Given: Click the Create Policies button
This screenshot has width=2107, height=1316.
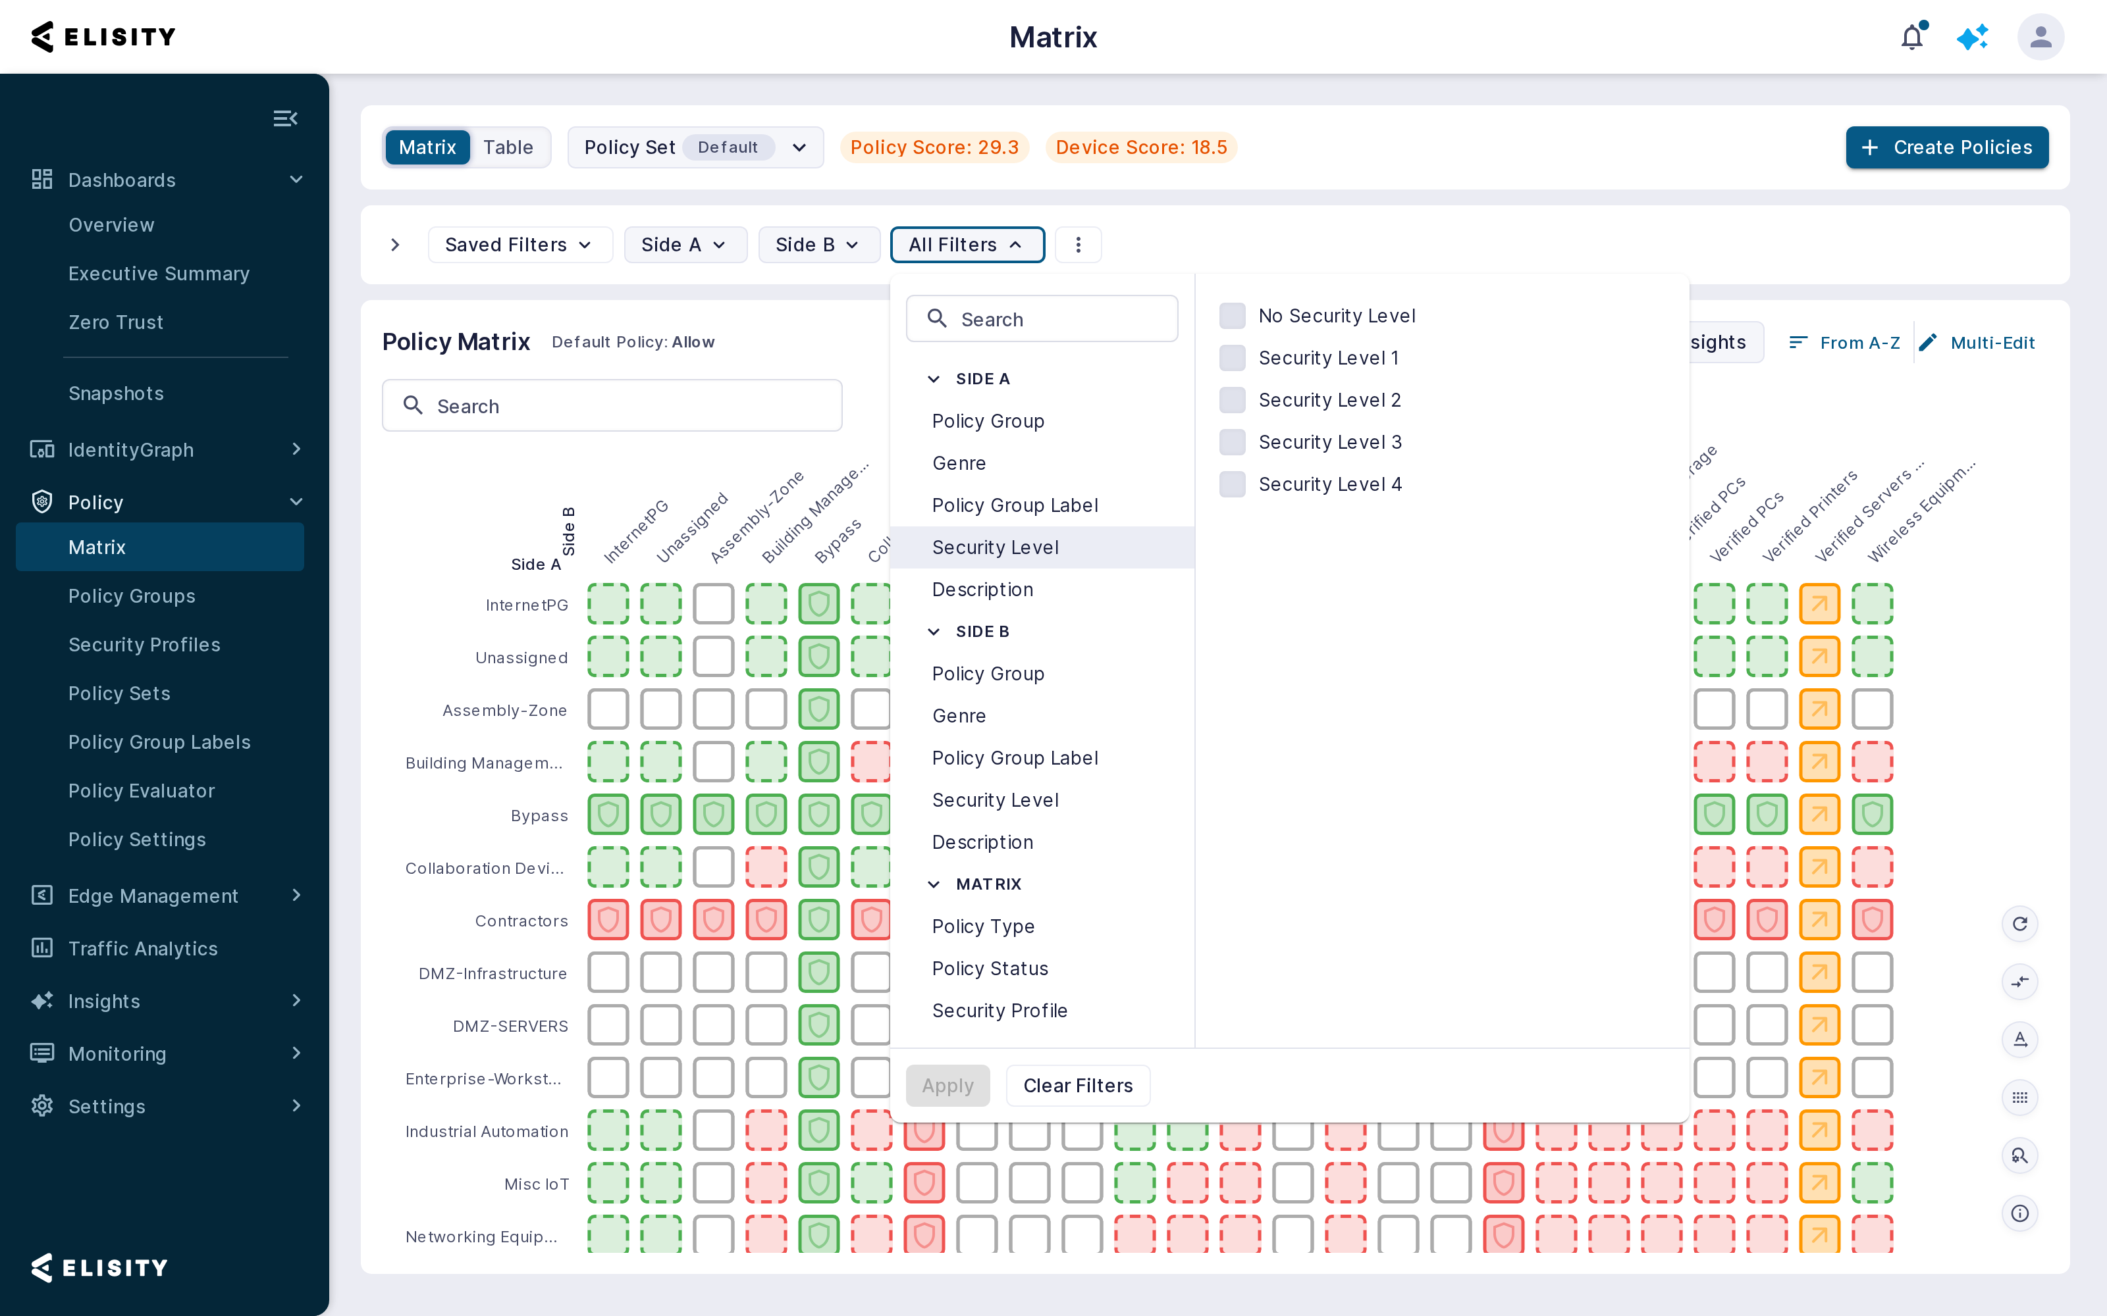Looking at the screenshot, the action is pos(1947,147).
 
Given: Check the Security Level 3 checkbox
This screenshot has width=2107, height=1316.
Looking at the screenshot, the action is pos(1232,442).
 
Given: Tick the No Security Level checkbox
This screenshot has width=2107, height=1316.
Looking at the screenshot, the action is pos(1232,316).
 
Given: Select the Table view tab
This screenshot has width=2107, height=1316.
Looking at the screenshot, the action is pos(508,147).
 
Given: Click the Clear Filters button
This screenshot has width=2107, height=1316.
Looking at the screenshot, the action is pos(1078,1085).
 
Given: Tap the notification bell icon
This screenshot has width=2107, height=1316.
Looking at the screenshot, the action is pos(1912,37).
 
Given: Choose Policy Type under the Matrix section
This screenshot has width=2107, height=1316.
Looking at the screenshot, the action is pos(983,926).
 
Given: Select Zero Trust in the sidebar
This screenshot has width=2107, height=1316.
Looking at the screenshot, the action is pos(116,322).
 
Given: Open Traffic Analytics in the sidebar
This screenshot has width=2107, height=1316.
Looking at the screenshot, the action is pos(143,949).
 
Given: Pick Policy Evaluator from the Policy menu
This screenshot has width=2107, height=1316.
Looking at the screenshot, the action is pos(141,790).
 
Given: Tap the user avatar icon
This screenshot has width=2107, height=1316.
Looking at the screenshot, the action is pos(2040,37).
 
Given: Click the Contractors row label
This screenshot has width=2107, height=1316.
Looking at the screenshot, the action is pos(521,921).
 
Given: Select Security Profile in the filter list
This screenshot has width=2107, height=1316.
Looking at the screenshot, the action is pos(1000,1011).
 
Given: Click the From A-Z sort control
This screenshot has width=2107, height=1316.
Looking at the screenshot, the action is pos(1844,343).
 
